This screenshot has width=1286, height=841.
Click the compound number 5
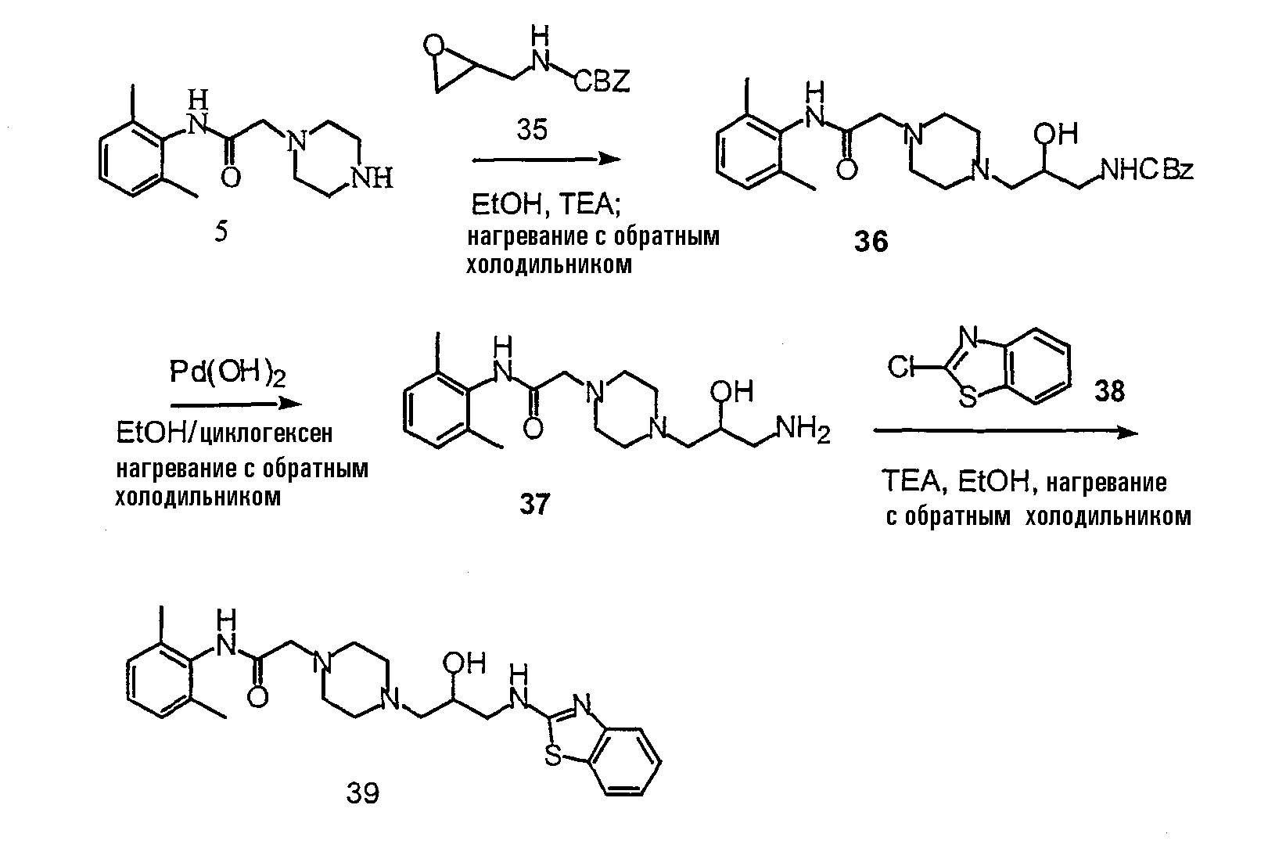(221, 232)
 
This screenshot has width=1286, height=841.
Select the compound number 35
(532, 130)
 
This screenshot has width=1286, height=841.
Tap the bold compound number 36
(871, 241)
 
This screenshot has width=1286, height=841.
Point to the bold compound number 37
(535, 504)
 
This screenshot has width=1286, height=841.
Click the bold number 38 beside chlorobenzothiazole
(1109, 391)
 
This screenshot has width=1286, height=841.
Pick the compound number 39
(363, 792)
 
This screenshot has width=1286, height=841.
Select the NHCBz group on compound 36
(1147, 169)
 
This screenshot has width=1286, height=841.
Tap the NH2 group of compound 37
(803, 429)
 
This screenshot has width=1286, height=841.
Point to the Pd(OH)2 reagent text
(228, 373)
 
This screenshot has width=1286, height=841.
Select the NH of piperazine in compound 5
(372, 178)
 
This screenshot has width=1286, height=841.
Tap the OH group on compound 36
(1055, 134)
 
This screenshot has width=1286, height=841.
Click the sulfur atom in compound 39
(552, 756)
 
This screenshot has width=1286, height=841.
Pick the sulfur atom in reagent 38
(968, 397)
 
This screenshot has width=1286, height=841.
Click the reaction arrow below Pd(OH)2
(236, 404)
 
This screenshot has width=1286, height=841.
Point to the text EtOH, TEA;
(546, 203)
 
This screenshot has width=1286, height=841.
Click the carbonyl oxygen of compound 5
(231, 178)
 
